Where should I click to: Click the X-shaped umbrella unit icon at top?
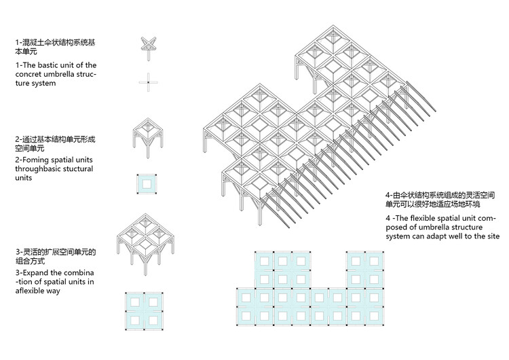[148, 44]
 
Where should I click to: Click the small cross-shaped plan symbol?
[148, 82]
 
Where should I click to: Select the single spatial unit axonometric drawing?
[147, 139]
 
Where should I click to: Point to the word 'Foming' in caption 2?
[35, 159]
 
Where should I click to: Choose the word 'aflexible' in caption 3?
[31, 291]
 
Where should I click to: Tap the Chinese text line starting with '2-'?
[54, 139]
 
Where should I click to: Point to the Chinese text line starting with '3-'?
[54, 252]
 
